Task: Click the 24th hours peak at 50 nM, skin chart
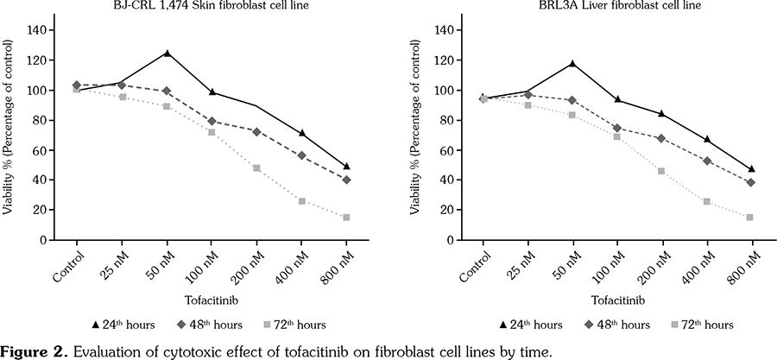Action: [166, 54]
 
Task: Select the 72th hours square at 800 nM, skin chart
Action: [346, 218]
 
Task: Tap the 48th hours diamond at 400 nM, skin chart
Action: [301, 155]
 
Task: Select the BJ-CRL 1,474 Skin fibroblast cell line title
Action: [187, 6]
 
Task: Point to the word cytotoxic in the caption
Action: [187, 351]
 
